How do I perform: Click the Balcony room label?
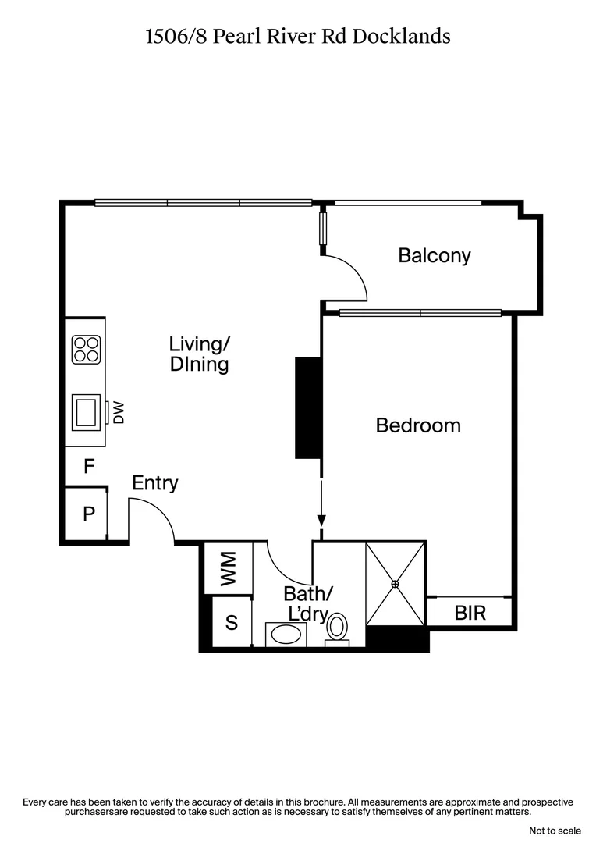click(435, 255)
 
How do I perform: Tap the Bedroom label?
click(418, 425)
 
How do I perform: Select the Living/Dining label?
click(200, 354)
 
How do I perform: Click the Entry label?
click(154, 483)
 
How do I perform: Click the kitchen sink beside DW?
click(86, 411)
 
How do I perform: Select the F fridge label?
click(89, 468)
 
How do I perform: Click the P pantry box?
click(88, 514)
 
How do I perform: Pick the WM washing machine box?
click(227, 567)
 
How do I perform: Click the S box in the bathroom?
click(231, 623)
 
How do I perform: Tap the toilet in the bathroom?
click(337, 628)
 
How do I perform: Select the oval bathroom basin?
click(286, 633)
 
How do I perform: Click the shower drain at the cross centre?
click(396, 583)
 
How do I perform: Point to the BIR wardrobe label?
click(470, 613)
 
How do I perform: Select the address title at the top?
click(298, 36)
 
